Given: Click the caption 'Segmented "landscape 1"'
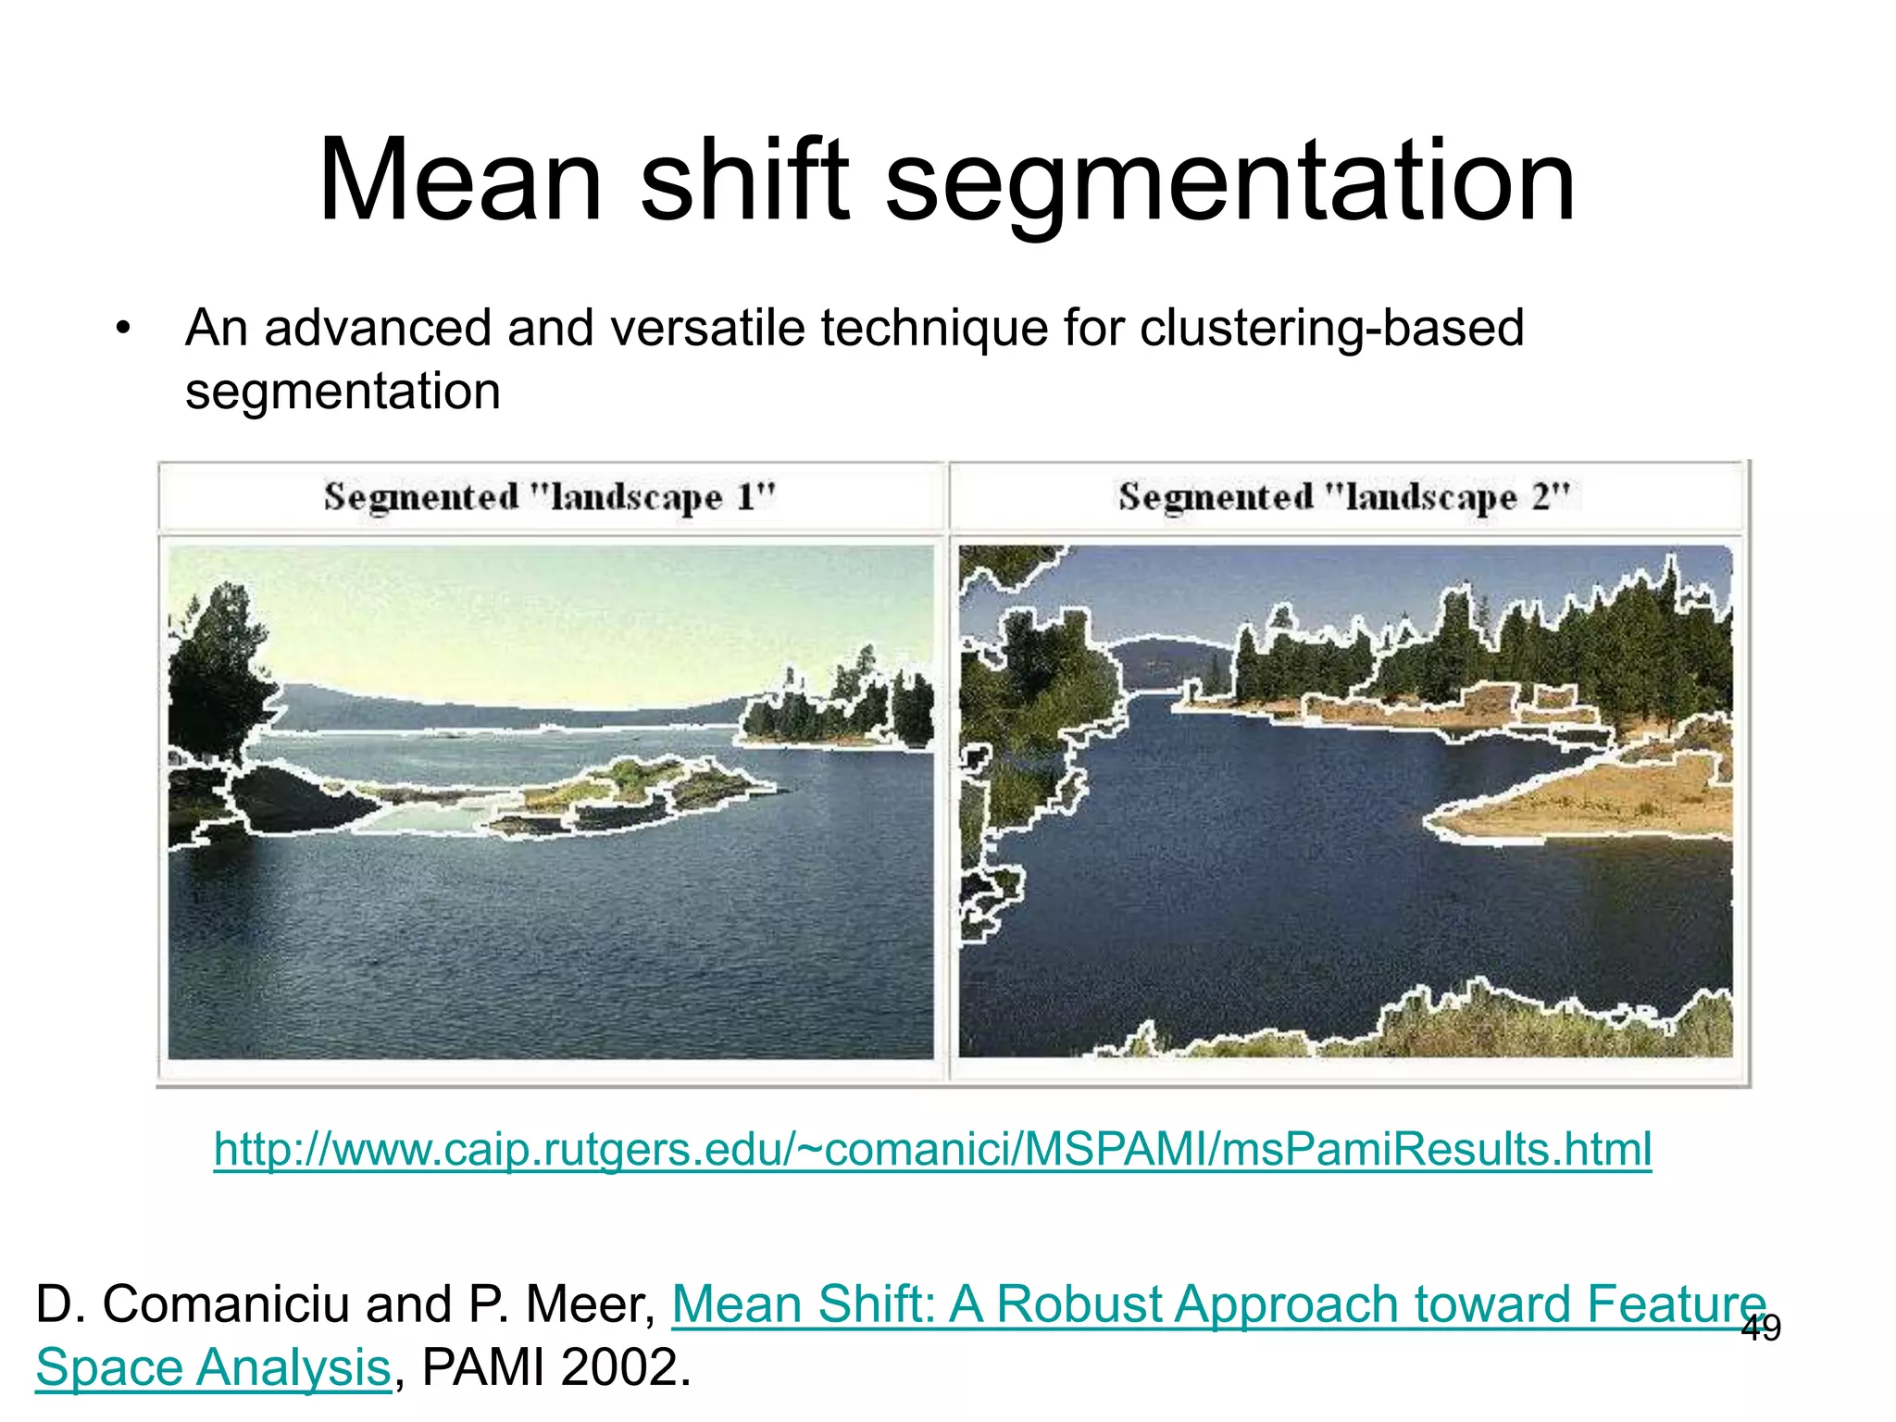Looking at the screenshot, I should [550, 497].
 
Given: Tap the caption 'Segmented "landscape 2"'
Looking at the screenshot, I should [1344, 497].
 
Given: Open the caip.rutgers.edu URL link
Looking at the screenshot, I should [932, 1149].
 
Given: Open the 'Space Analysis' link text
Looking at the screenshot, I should [213, 1367].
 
